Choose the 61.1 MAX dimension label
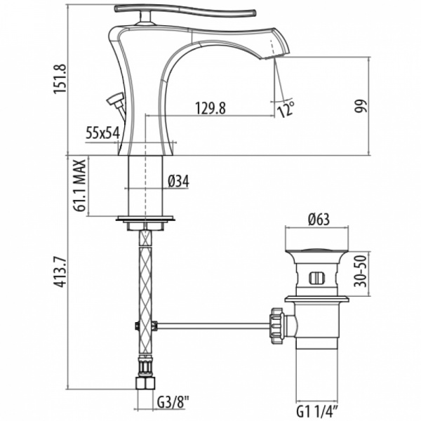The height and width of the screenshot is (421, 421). click(81, 185)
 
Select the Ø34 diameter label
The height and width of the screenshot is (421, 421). click(179, 181)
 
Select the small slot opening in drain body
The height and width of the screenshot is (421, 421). click(316, 276)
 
